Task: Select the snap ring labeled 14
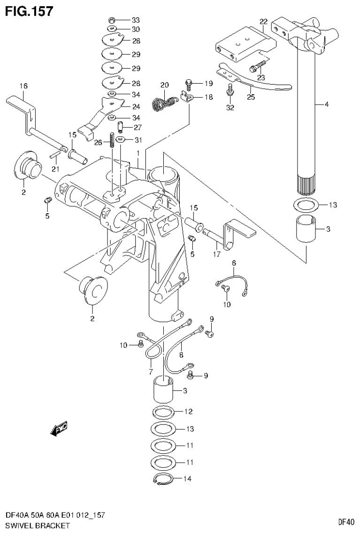pos(162,480)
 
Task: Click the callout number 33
pos(136,20)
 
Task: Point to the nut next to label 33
pos(112,20)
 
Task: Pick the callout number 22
pos(263,21)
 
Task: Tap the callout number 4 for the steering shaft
pos(326,104)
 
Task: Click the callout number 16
pos(23,85)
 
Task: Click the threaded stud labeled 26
pos(112,140)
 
